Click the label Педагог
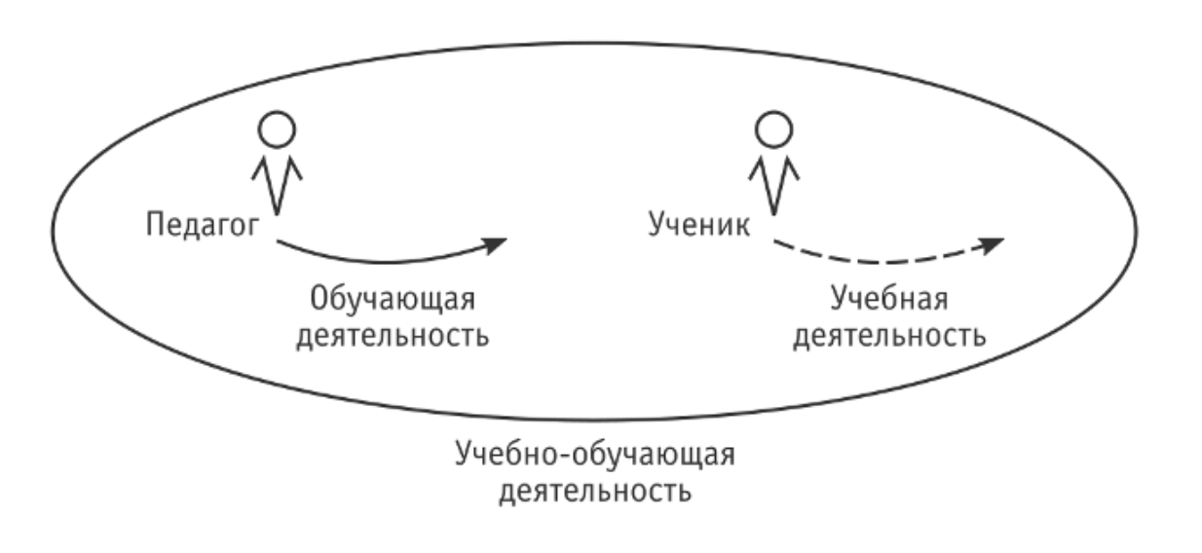pos(204,225)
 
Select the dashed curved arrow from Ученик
pos(877,261)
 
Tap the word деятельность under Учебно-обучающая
pos(595,489)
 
